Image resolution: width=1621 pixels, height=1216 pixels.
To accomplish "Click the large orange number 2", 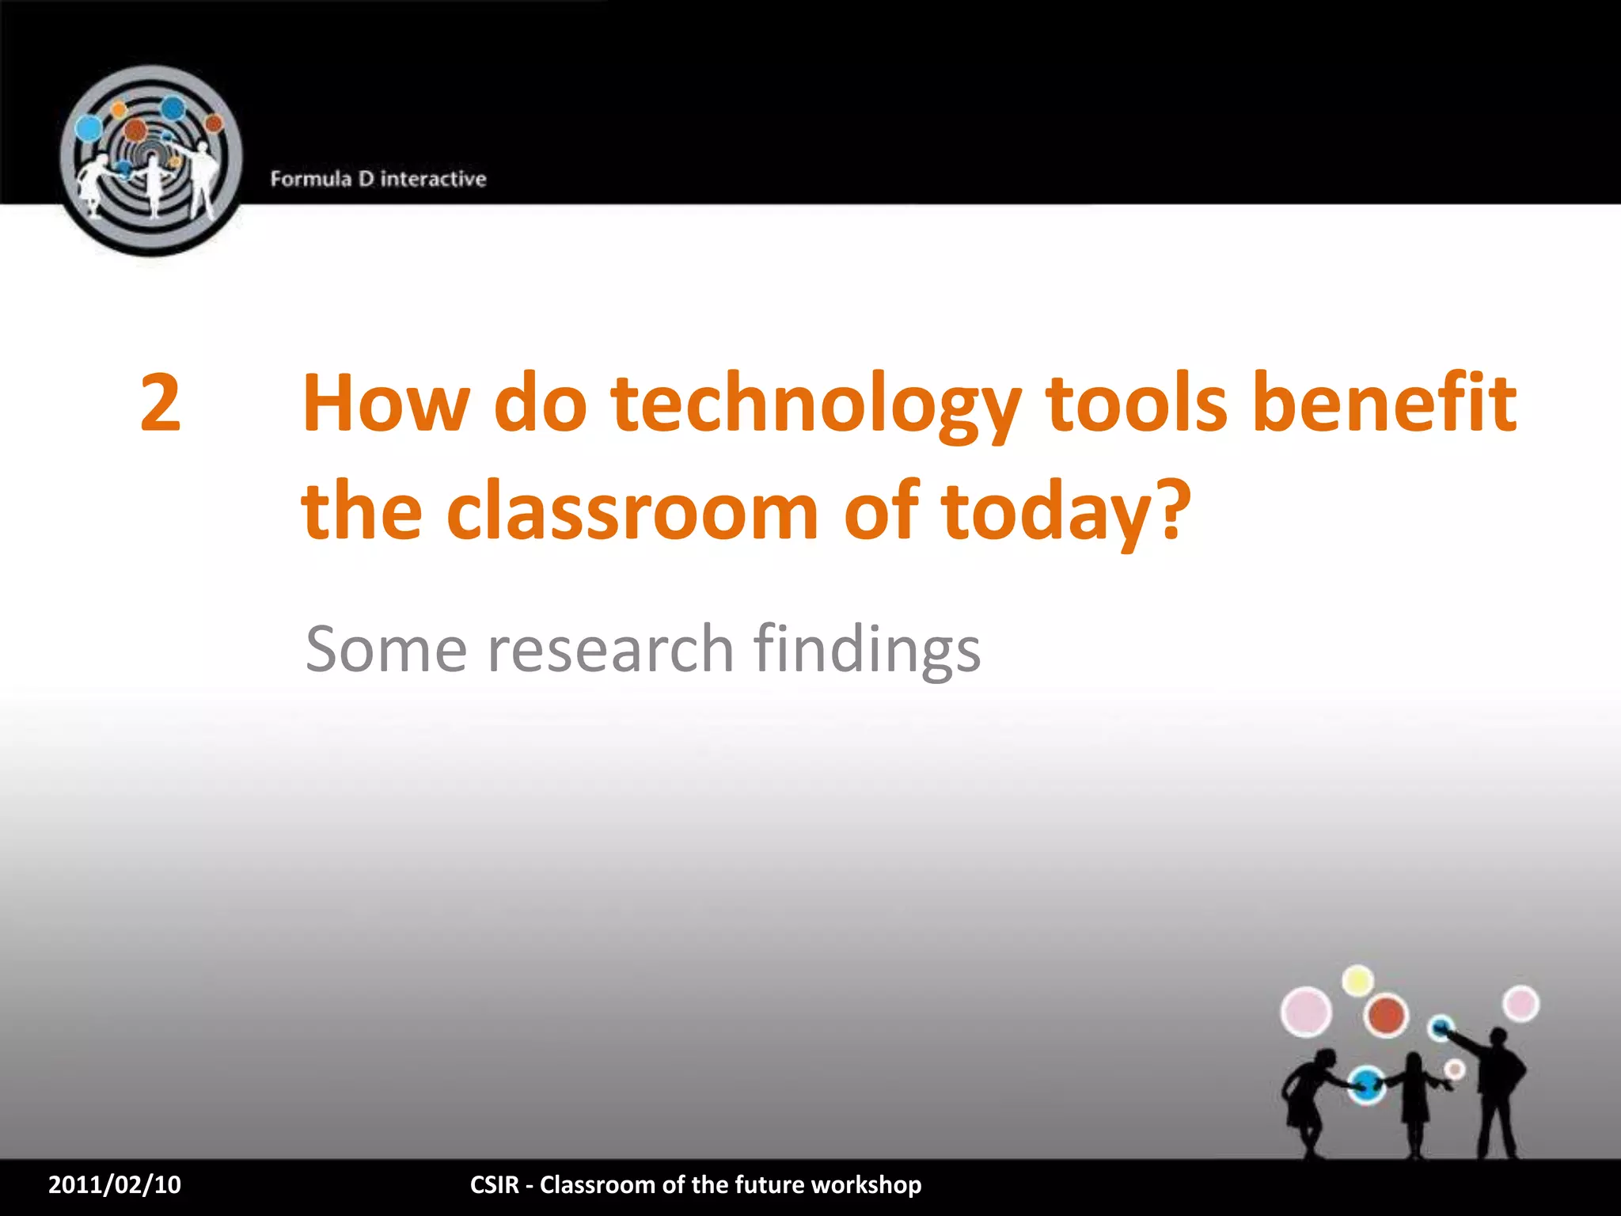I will pos(161,403).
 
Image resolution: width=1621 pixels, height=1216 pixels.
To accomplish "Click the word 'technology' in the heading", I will pos(816,405).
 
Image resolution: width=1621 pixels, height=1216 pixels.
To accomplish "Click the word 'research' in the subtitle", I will pos(610,649).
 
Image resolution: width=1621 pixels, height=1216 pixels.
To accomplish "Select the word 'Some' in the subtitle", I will pos(385,649).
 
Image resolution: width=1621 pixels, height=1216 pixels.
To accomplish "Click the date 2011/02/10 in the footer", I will pos(115,1184).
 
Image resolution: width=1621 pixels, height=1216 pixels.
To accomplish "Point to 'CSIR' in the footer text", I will pos(494,1184).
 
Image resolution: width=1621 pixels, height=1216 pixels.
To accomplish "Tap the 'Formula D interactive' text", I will pos(378,179).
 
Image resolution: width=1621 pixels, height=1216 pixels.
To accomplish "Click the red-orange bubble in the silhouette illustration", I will pos(1386,1015).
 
